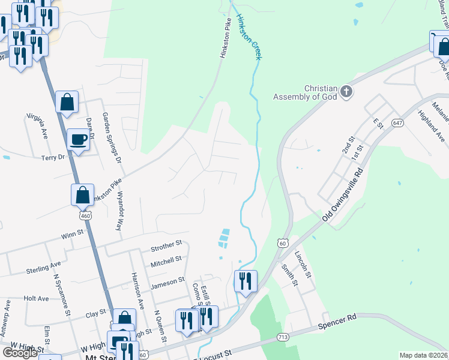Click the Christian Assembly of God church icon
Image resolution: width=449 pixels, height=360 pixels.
(x=346, y=92)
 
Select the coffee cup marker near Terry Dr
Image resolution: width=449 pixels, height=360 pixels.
(x=78, y=140)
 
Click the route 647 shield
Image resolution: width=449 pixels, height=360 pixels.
(x=397, y=122)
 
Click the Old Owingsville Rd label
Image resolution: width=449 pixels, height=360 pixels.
(x=343, y=196)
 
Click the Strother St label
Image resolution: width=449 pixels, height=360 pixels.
(x=166, y=245)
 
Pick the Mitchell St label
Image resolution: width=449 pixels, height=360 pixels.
(x=166, y=260)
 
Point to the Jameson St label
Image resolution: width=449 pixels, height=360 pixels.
(x=167, y=281)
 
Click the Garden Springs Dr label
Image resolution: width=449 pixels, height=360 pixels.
(x=111, y=139)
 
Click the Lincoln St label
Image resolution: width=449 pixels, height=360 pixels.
(x=306, y=265)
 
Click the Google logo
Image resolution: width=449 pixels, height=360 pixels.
(x=20, y=353)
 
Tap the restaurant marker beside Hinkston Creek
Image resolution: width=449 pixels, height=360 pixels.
(x=246, y=281)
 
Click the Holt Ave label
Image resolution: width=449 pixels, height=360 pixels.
(x=35, y=298)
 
